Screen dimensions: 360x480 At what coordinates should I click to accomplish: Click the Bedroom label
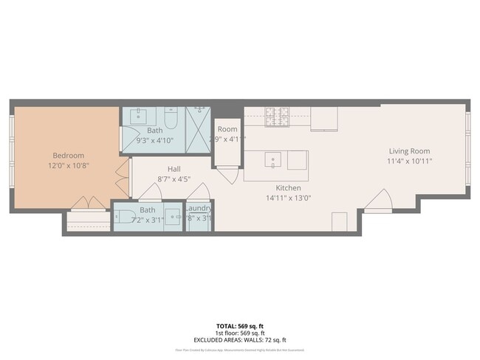pyautogui.click(x=68, y=156)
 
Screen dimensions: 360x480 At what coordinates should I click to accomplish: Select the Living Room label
pyautogui.click(x=411, y=150)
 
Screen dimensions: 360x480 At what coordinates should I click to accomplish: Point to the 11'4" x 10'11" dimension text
pyautogui.click(x=411, y=161)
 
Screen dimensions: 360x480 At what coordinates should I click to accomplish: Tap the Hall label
pyautogui.click(x=174, y=168)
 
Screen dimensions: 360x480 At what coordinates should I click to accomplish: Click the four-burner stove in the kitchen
pyautogui.click(x=278, y=116)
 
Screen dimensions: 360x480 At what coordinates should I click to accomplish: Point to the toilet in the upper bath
pyautogui.click(x=171, y=117)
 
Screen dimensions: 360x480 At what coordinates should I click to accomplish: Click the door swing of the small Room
pyautogui.click(x=228, y=176)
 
